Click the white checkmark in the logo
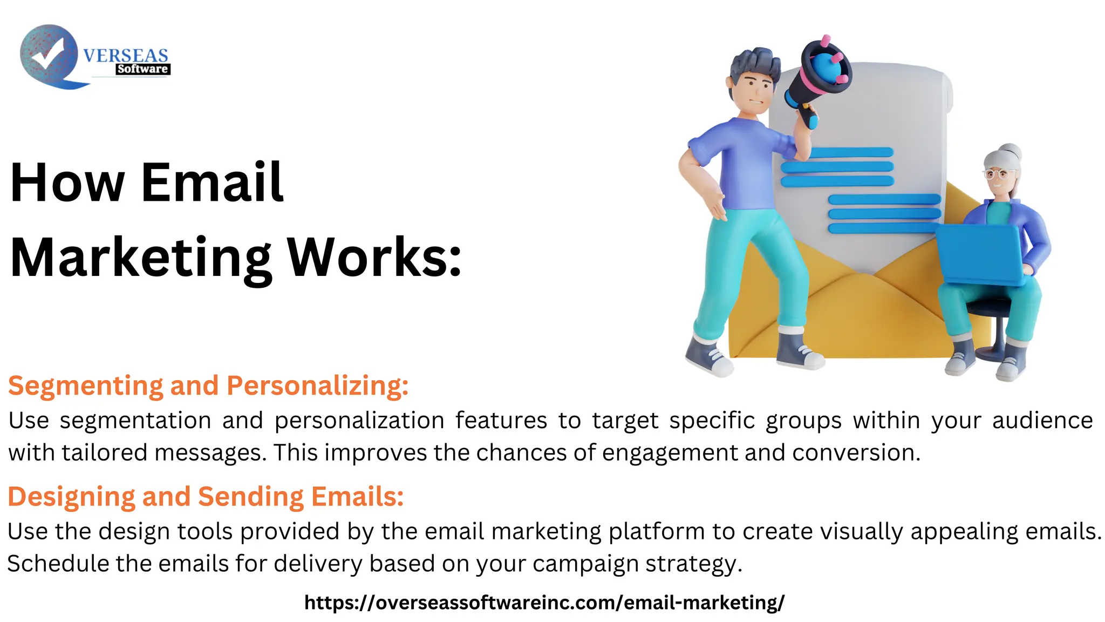[47, 53]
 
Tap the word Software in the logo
[142, 69]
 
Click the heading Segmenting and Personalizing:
[208, 386]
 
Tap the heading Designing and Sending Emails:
[206, 496]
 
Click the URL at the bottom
[544, 602]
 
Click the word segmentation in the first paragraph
[135, 420]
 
